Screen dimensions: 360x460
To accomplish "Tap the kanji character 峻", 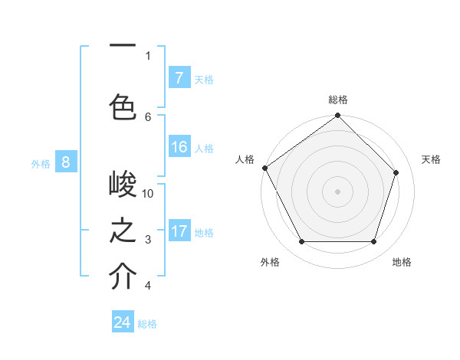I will coord(123,185).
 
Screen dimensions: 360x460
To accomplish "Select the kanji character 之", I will coord(123,231).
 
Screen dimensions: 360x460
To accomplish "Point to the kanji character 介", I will coord(123,277).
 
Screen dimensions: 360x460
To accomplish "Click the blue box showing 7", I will coord(179,77).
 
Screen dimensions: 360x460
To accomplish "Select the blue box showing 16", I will coord(179,147).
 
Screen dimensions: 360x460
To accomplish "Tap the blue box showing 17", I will coord(179,231).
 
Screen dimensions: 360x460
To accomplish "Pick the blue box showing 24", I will coord(123,322).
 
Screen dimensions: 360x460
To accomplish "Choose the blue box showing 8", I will coord(66,162).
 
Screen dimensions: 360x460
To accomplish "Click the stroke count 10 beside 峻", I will coord(148,193).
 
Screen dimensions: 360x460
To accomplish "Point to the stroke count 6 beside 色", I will coord(148,116).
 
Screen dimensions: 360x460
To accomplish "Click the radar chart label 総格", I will coord(338,100).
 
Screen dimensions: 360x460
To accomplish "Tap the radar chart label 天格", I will coord(431,159).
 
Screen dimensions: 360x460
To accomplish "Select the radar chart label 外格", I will coord(270,262).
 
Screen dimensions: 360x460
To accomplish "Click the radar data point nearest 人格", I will coord(264,168).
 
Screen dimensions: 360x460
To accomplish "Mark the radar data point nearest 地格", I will coord(373,242).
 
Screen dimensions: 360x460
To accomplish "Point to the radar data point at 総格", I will coord(337,116).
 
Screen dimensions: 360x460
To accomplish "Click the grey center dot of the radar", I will coord(337,191).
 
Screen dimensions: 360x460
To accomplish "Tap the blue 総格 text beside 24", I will coord(147,324).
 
